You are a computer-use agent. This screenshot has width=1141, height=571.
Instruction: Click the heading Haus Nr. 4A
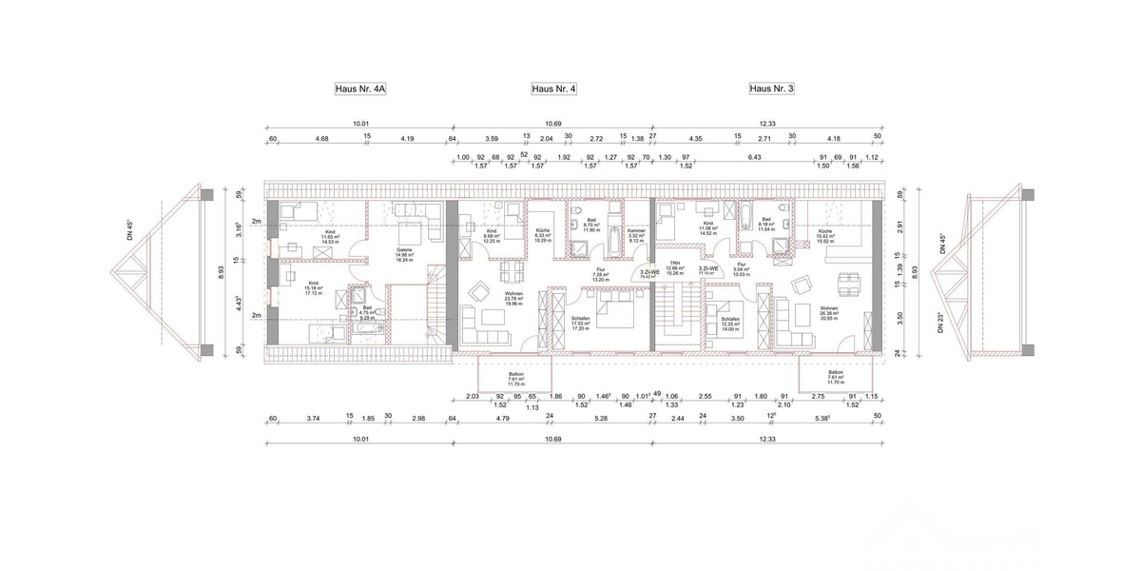pos(360,89)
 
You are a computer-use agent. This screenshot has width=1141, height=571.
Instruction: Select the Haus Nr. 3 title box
pos(771,89)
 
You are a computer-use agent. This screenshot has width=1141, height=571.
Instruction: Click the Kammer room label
pos(636,235)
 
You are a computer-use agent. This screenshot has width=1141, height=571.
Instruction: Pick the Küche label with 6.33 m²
pos(542,235)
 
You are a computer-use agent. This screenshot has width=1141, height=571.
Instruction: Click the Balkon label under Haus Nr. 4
pos(516,378)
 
